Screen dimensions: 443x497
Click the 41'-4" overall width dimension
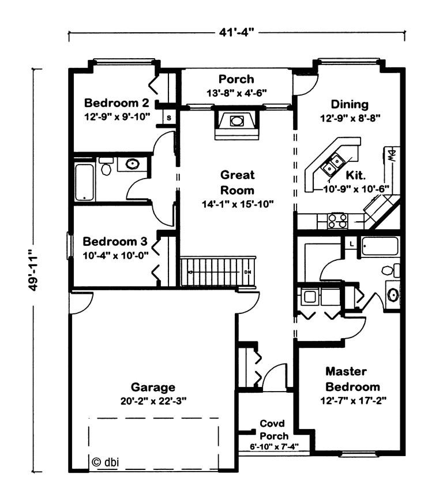tap(236, 32)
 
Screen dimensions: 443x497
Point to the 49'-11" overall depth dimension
tap(33, 270)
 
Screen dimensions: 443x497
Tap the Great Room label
tap(238, 182)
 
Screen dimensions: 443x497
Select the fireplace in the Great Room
tap(237, 124)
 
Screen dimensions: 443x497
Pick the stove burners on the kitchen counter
tap(337, 221)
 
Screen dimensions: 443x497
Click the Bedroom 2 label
tap(117, 103)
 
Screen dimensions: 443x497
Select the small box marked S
tap(169, 117)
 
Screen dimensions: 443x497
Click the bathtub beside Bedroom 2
tap(85, 182)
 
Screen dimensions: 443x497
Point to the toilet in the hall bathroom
tap(106, 166)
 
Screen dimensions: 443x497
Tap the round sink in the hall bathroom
tap(132, 164)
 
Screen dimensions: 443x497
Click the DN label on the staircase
tap(248, 272)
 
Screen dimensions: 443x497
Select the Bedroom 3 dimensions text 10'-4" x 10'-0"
tap(115, 256)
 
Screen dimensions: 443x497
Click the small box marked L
tap(351, 244)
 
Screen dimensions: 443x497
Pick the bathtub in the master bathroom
tap(380, 246)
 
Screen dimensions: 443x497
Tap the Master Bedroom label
tap(352, 379)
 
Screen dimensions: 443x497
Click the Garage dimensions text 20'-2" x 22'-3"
tap(153, 401)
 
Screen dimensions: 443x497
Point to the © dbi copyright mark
tap(105, 462)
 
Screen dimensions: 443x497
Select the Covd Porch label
tap(274, 430)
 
